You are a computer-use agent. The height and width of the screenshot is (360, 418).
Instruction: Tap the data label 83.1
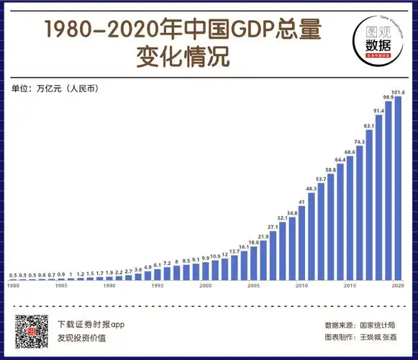[368, 126]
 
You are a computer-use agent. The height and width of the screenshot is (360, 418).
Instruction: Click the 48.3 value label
[312, 189]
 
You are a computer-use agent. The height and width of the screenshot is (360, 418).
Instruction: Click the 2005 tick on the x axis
[253, 286]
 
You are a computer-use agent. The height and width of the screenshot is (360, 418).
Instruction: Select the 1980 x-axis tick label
[13, 286]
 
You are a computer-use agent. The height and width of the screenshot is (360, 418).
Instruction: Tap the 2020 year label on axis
[398, 286]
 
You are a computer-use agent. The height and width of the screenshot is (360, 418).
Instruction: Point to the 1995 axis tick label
[158, 286]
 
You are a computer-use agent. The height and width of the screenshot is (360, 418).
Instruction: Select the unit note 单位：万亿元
[55, 89]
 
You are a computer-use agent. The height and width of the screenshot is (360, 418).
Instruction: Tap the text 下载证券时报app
[91, 325]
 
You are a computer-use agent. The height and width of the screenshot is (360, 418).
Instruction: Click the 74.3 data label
[359, 142]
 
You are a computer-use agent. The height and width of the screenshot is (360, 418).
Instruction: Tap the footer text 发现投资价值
[81, 338]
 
